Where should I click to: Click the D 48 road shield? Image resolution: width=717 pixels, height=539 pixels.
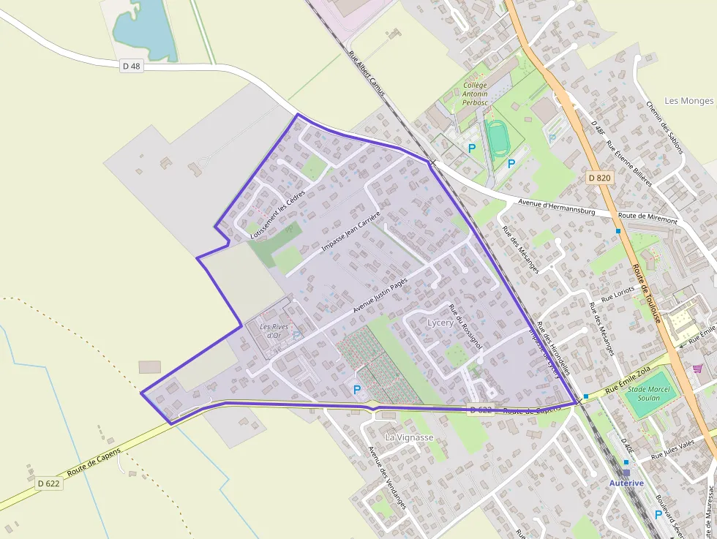tap(131, 66)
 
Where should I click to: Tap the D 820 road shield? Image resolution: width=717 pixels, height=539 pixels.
tap(598, 178)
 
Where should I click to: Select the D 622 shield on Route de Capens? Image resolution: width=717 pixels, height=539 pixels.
tap(48, 483)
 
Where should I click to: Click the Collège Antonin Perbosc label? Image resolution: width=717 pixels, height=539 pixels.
tap(475, 94)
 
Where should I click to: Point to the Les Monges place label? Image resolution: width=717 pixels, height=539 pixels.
tap(689, 101)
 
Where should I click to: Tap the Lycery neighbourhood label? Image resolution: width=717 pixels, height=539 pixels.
tap(440, 323)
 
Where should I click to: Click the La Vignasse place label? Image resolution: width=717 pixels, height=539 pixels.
tap(410, 437)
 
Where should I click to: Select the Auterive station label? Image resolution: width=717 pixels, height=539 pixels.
tap(626, 483)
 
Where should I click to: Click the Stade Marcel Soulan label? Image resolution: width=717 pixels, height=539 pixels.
tap(648, 393)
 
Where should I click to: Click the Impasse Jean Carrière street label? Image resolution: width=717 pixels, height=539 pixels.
tap(351, 232)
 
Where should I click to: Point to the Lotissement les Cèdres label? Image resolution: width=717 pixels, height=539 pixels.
tap(277, 217)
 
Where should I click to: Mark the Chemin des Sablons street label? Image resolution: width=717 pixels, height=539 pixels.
tap(664, 127)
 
